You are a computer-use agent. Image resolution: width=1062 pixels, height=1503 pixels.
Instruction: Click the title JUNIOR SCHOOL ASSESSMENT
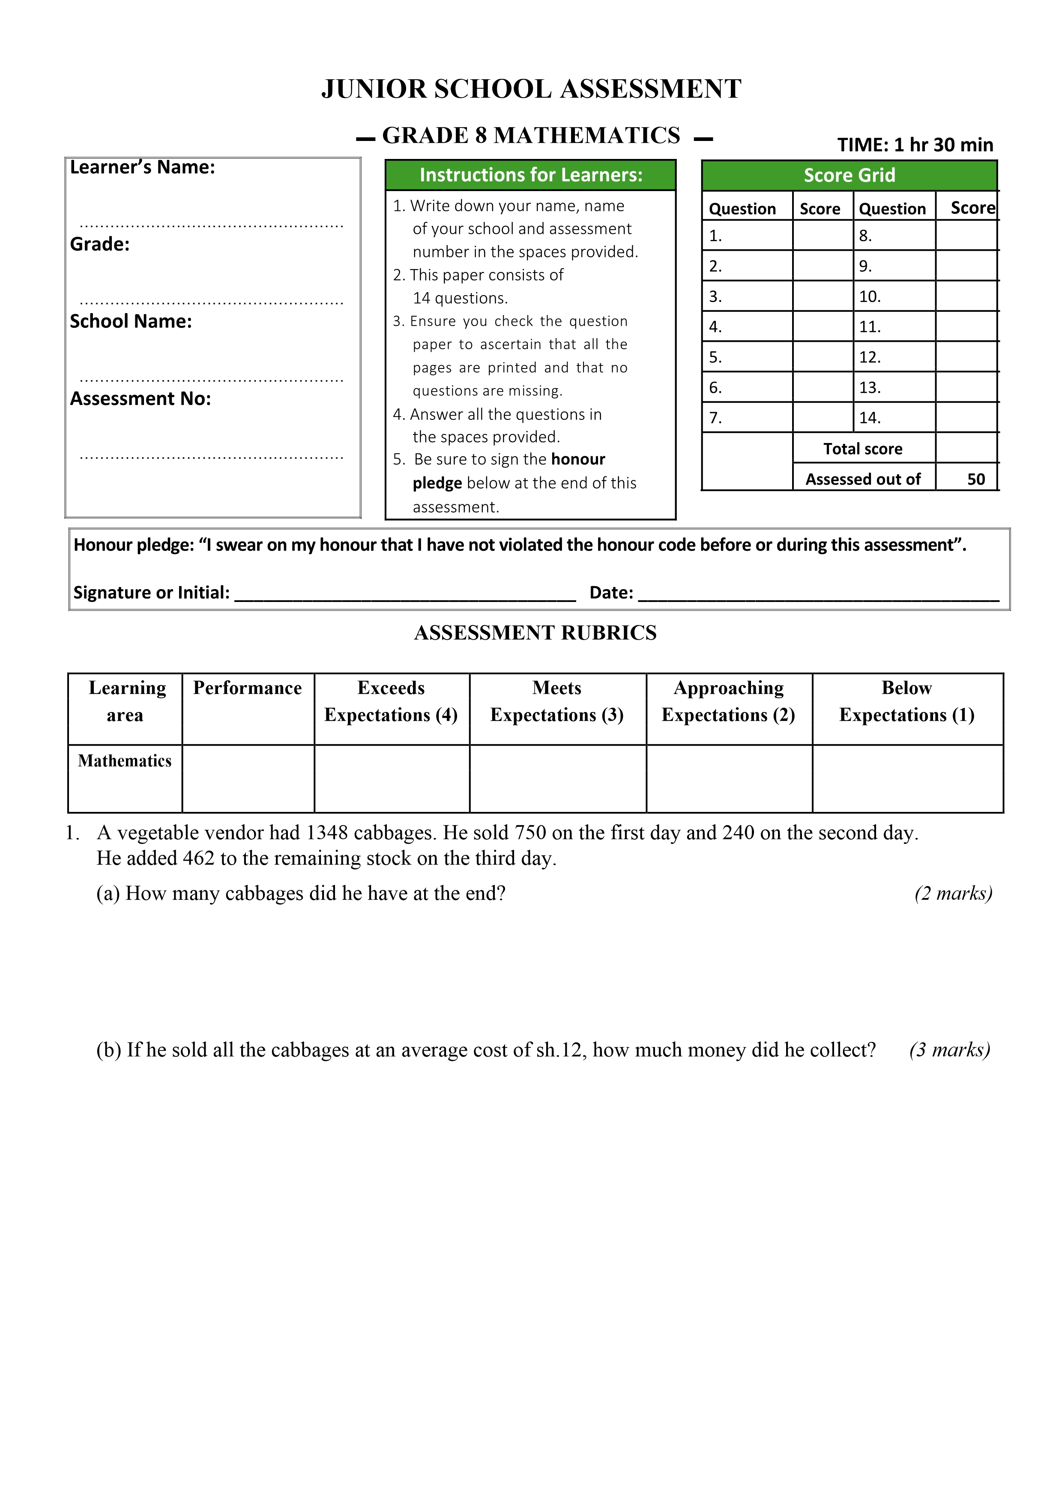pyautogui.click(x=531, y=89)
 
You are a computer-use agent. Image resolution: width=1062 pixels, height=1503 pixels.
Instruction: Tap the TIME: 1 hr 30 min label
pyautogui.click(x=915, y=145)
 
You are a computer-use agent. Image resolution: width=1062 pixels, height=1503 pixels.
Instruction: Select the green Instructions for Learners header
pyautogui.click(x=531, y=175)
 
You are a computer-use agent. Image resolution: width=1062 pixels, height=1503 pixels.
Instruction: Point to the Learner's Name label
pyautogui.click(x=143, y=168)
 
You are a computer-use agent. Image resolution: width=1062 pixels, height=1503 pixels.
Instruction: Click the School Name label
pyautogui.click(x=131, y=321)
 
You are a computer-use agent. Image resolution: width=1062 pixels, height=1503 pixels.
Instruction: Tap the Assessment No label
pyautogui.click(x=141, y=398)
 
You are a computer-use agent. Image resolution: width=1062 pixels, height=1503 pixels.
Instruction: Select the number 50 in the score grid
pyautogui.click(x=975, y=479)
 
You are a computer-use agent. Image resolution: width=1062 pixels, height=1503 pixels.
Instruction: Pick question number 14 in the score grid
pyautogui.click(x=870, y=418)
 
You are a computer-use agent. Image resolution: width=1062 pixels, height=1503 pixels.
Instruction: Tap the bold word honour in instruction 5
pyautogui.click(x=578, y=460)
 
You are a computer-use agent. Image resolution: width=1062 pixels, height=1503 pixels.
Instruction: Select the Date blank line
pyautogui.click(x=818, y=596)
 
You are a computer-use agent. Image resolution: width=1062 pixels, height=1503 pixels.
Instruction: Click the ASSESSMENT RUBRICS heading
pyautogui.click(x=535, y=633)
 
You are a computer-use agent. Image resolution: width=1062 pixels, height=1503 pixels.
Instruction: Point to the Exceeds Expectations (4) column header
pyautogui.click(x=391, y=701)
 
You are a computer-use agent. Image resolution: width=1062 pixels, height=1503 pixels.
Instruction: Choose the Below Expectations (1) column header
pyautogui.click(x=907, y=701)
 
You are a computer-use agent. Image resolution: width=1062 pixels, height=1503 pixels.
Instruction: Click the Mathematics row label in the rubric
pyautogui.click(x=125, y=760)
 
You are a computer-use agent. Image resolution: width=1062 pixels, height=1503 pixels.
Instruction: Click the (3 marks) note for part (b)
pyautogui.click(x=949, y=1050)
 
